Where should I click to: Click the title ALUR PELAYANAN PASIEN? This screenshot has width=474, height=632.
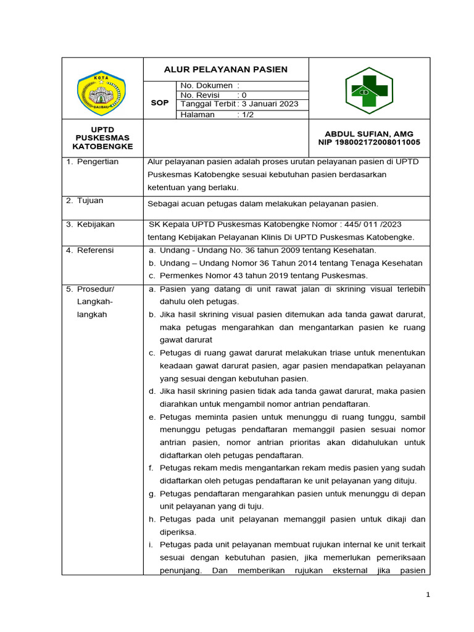point(225,69)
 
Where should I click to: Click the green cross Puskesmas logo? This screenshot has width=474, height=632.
point(368,91)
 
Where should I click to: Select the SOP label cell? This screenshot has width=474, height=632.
point(159,103)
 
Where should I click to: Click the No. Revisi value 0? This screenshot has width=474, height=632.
point(244,95)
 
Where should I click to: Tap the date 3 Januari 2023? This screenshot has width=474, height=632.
point(270,104)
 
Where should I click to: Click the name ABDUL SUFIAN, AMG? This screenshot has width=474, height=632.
point(369,134)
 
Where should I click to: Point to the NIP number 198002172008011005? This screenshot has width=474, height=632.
point(369,143)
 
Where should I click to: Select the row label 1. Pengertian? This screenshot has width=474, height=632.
point(93,162)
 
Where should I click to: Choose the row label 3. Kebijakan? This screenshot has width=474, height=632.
point(91,225)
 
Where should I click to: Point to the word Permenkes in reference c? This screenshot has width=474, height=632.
point(179,275)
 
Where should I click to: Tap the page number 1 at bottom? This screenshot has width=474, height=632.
point(428,594)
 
